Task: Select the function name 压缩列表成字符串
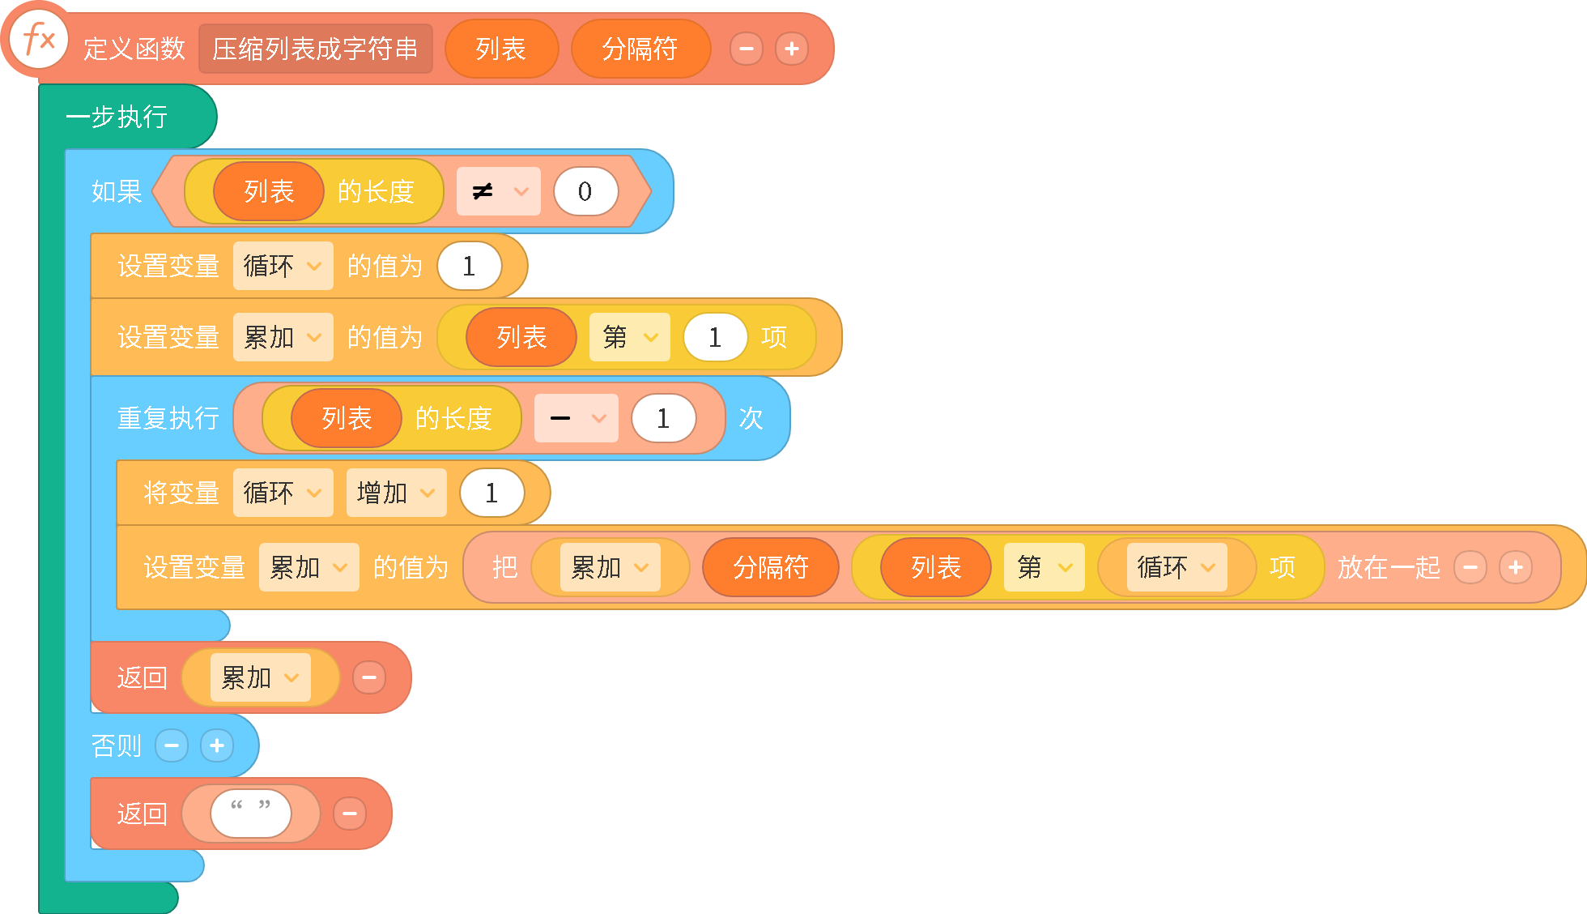tap(316, 49)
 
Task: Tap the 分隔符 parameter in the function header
tap(640, 49)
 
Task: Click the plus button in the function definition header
tap(792, 49)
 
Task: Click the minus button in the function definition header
tap(747, 49)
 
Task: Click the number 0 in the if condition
tap(585, 191)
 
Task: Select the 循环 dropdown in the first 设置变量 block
tap(283, 266)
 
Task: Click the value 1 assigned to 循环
tap(469, 266)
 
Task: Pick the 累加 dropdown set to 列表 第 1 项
tap(283, 337)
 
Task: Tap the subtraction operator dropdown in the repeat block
tap(577, 418)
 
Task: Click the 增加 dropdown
tap(396, 493)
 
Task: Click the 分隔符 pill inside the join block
tap(771, 567)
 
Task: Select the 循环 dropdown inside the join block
tap(1176, 567)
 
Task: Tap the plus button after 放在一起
tap(1516, 567)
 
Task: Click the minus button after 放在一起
tap(1470, 567)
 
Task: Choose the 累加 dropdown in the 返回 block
tap(260, 677)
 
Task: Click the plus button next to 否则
tap(217, 745)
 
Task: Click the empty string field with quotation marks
tap(251, 814)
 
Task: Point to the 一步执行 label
tap(117, 117)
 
